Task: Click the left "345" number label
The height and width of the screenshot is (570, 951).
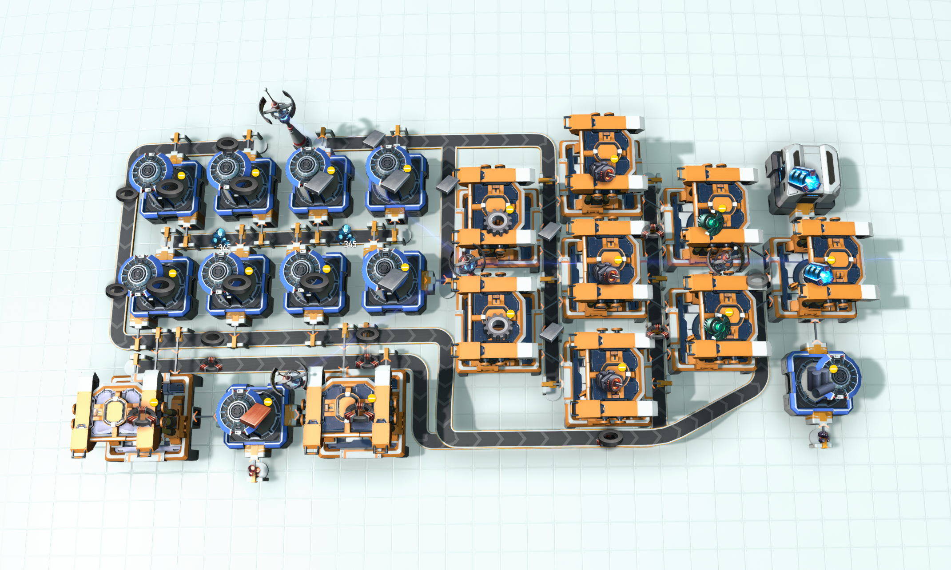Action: tap(224, 247)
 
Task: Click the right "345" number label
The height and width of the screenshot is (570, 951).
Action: tap(350, 244)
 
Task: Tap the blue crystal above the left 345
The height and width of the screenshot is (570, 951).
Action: tap(220, 236)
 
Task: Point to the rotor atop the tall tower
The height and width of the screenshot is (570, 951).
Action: tap(277, 107)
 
